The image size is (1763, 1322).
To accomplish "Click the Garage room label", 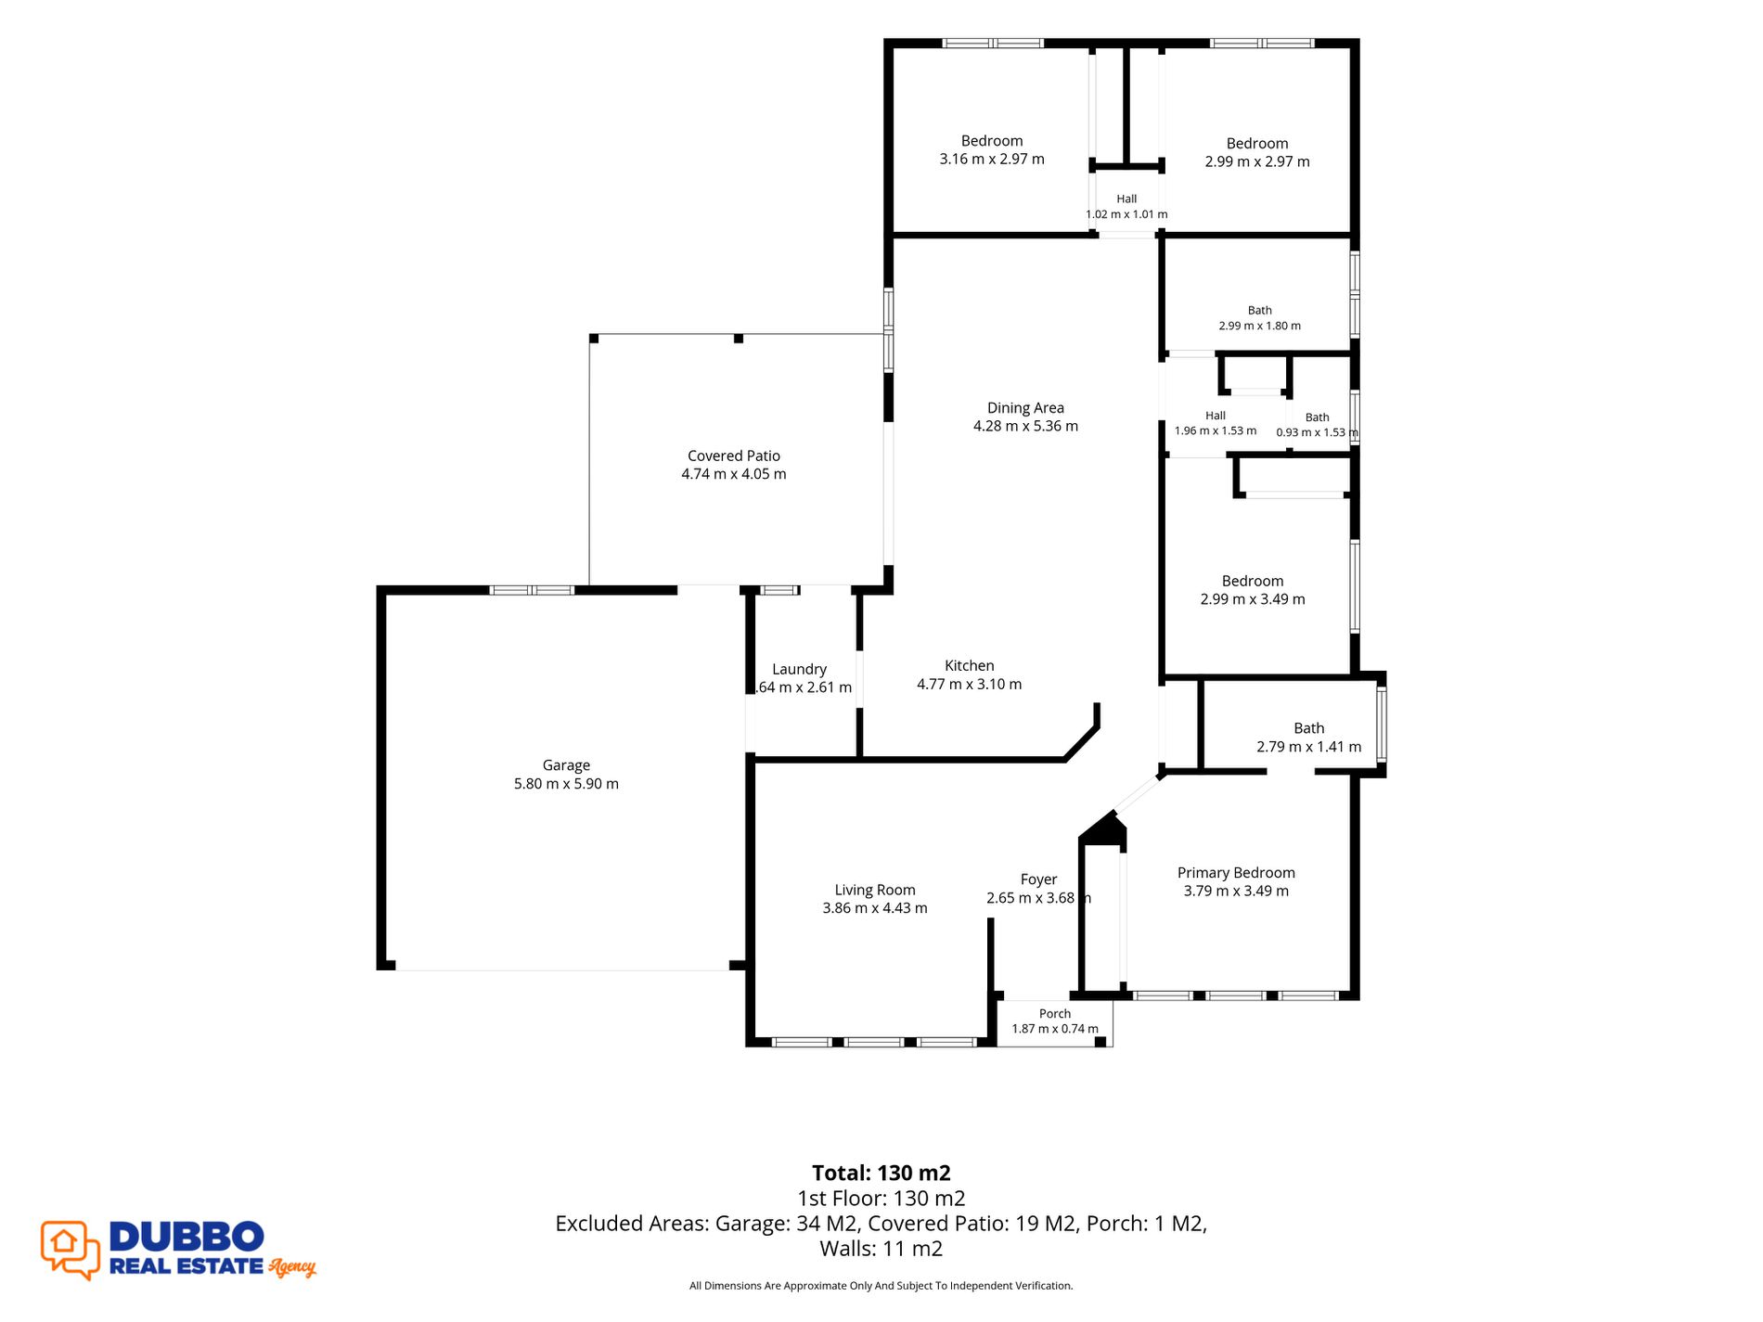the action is pyautogui.click(x=566, y=765).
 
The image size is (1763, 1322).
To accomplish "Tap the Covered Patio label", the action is pyautogui.click(x=734, y=456).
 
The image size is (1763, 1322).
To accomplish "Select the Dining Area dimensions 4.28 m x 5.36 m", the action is pyautogui.click(x=1025, y=426).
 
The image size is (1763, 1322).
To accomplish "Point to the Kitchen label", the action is pyautogui.click(x=970, y=665).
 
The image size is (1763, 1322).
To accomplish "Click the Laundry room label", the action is pyautogui.click(x=799, y=670).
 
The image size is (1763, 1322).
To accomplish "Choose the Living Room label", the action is pyautogui.click(x=875, y=890).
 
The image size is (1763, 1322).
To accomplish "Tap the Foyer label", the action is pyautogui.click(x=1038, y=879).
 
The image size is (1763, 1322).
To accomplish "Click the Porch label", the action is pyautogui.click(x=1055, y=1014).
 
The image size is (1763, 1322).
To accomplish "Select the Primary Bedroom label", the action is pyautogui.click(x=1236, y=873).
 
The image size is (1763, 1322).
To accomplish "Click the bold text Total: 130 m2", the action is pyautogui.click(x=881, y=1173).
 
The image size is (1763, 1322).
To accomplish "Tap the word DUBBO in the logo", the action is pyautogui.click(x=187, y=1237).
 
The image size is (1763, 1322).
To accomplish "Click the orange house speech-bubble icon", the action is pyautogui.click(x=71, y=1250).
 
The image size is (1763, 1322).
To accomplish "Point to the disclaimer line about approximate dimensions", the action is pyautogui.click(x=881, y=1286).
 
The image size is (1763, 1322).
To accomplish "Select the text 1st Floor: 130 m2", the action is pyautogui.click(x=881, y=1199).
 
